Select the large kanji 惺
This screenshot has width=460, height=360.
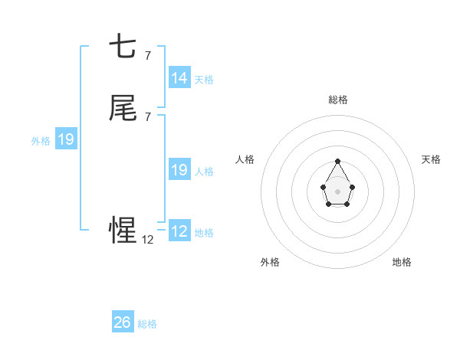(123, 230)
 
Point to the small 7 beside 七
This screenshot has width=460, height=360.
(147, 55)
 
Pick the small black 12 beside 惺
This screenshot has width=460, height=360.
(148, 239)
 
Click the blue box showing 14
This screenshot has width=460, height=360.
(179, 78)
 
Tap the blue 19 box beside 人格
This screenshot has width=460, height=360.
(179, 170)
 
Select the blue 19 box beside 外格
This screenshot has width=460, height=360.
(66, 139)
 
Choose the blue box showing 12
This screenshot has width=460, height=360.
(179, 231)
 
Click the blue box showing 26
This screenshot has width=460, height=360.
(123, 322)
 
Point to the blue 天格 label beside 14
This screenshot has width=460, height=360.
(204, 79)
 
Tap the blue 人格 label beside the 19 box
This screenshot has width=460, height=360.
(204, 171)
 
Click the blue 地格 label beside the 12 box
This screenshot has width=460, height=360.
(204, 232)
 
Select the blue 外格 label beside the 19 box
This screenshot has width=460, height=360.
(41, 140)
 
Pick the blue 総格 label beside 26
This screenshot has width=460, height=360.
(147, 323)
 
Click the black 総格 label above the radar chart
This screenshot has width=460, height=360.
(338, 100)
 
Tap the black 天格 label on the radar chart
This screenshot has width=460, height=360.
(432, 159)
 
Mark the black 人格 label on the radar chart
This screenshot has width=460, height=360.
(245, 159)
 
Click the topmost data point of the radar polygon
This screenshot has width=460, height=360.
(338, 162)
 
